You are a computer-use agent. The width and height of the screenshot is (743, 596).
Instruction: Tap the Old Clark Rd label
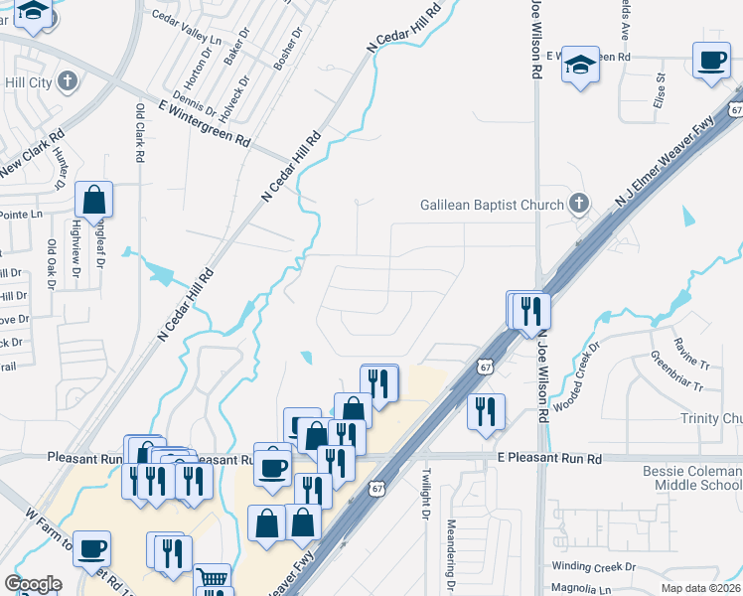tap(139, 133)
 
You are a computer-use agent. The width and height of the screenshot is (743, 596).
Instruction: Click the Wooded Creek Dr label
tap(578, 378)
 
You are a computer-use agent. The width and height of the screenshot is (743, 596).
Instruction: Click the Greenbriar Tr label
tap(676, 371)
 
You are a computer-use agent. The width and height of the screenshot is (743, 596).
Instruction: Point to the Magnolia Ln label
tap(580, 587)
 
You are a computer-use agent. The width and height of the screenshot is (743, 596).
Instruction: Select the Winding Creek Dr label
tap(593, 566)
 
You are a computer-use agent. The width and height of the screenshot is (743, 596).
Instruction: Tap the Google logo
tap(33, 584)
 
